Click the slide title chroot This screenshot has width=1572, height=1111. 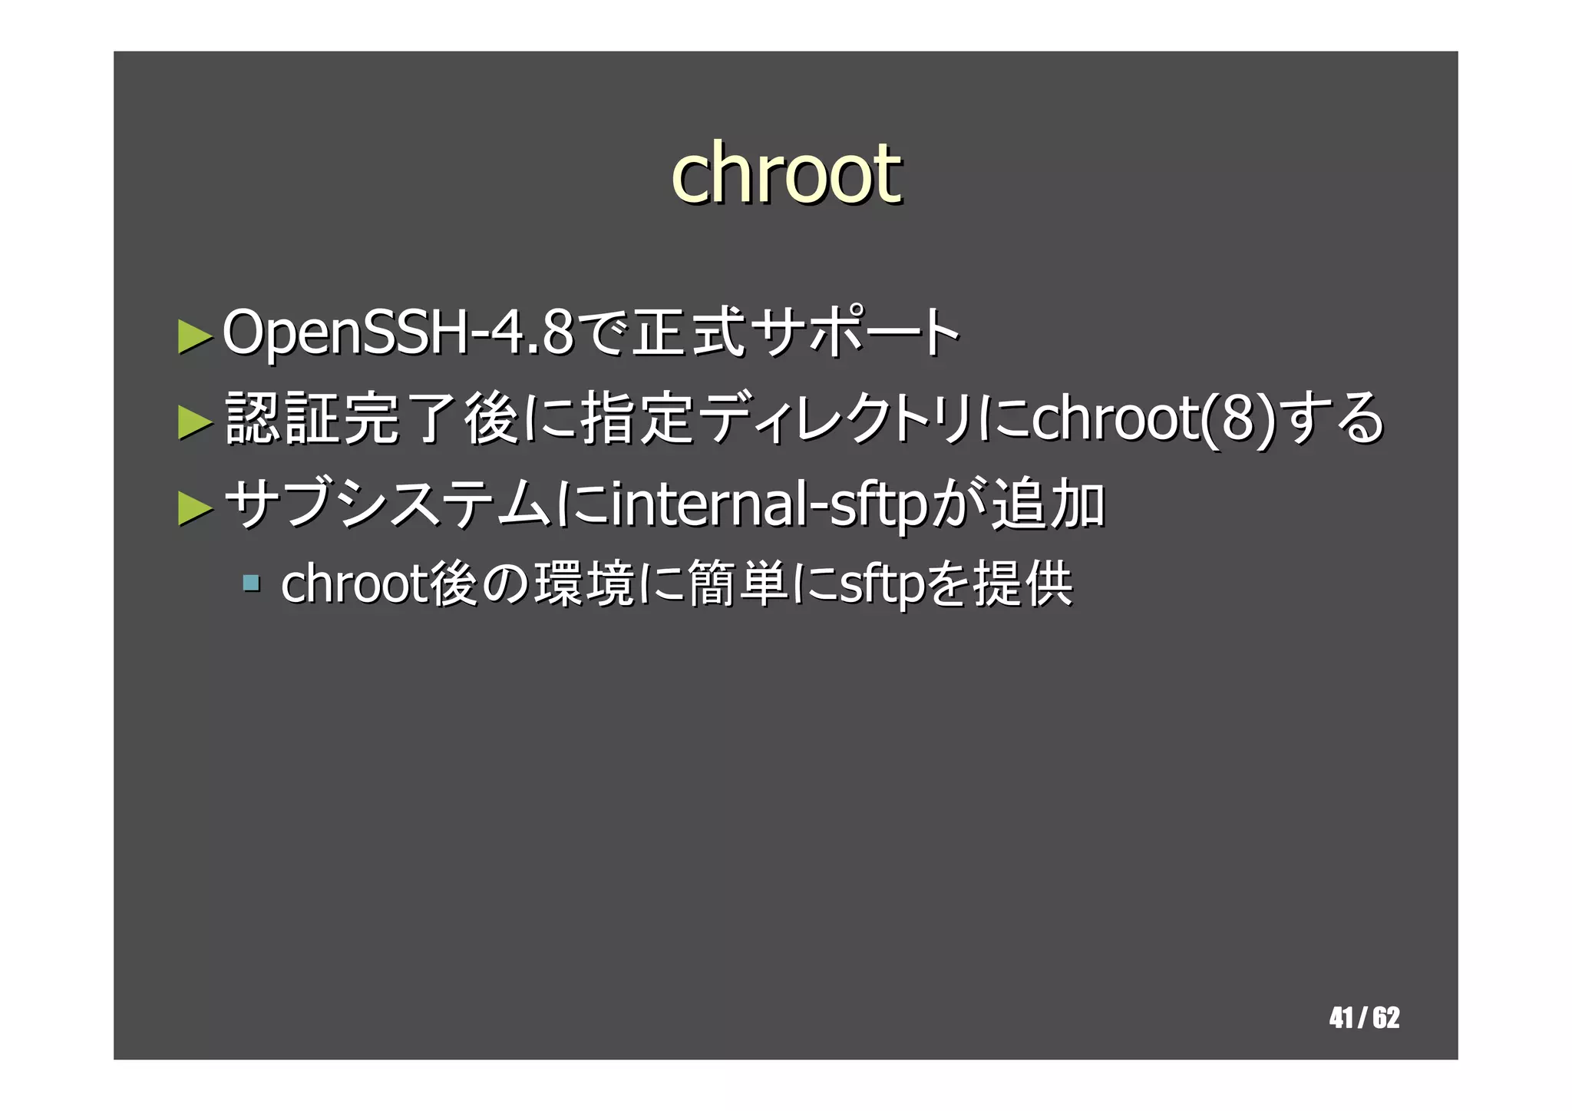(x=786, y=174)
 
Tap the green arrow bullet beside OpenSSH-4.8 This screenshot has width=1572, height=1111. (x=194, y=336)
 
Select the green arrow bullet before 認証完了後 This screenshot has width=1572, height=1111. (x=194, y=422)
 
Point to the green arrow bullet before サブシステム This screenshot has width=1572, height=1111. (x=194, y=508)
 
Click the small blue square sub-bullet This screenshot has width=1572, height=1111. (x=250, y=583)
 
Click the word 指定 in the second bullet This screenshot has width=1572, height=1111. (x=639, y=419)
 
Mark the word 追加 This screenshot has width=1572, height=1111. (x=1049, y=505)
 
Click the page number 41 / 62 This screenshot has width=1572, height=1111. (x=1364, y=1018)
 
